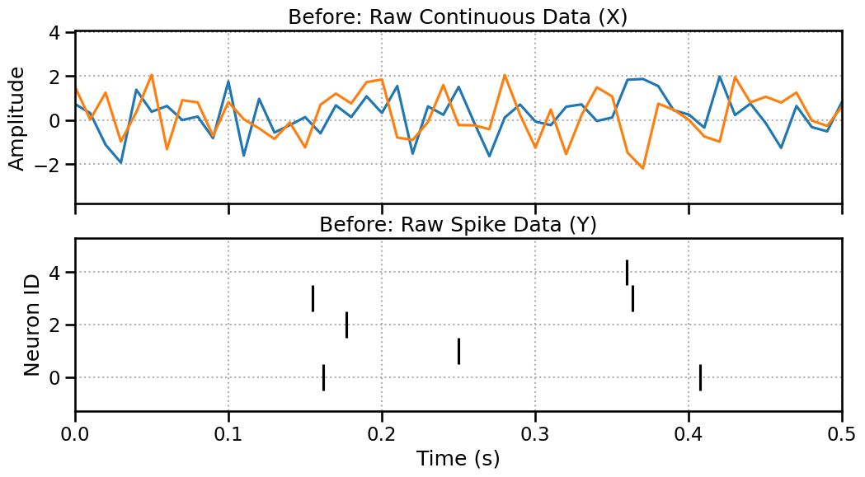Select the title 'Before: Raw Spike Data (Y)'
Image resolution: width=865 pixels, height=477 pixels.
(x=458, y=225)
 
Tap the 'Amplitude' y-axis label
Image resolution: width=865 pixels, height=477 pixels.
(x=17, y=119)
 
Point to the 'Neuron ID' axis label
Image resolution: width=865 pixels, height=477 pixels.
(x=31, y=325)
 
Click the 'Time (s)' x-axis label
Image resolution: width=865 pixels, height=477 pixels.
(x=458, y=459)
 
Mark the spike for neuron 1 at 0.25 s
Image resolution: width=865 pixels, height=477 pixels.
(x=458, y=351)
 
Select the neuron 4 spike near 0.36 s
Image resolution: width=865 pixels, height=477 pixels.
(x=627, y=272)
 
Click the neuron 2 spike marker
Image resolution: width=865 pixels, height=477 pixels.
(x=346, y=325)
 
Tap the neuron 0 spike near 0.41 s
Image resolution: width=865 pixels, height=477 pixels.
(x=700, y=377)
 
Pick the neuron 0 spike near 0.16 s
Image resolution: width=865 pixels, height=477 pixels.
(x=323, y=377)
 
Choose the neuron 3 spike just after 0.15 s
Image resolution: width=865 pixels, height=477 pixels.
(x=313, y=298)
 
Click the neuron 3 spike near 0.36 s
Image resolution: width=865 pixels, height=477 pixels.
(x=632, y=298)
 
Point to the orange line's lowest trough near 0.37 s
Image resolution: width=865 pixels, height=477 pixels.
(x=642, y=168)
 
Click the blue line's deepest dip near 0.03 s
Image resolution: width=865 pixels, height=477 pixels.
(x=121, y=162)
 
